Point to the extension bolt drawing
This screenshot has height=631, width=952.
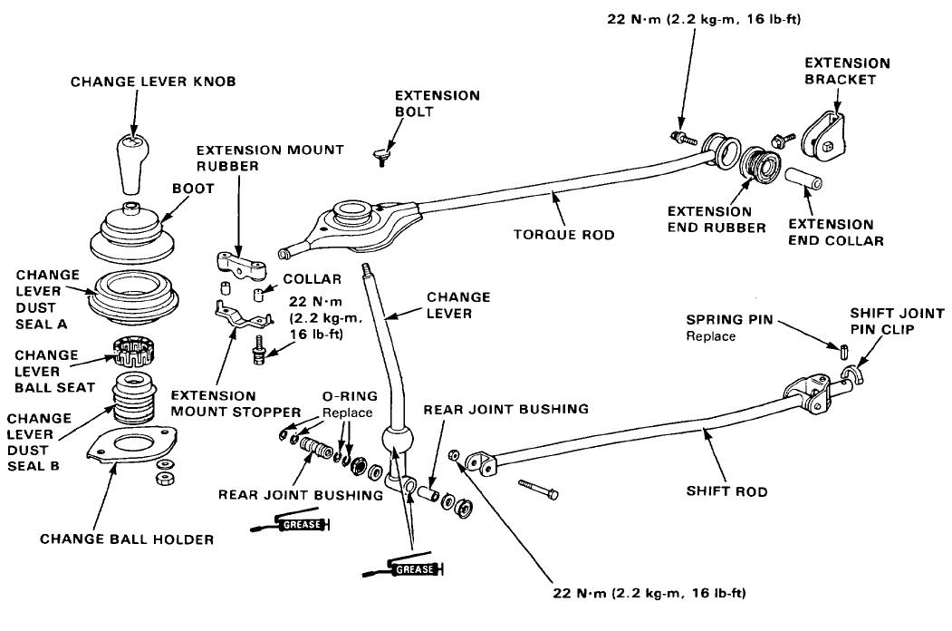tap(381, 160)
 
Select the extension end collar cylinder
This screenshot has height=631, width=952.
tap(803, 179)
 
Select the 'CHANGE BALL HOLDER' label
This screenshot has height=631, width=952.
tap(127, 539)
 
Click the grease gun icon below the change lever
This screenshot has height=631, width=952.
tap(403, 568)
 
